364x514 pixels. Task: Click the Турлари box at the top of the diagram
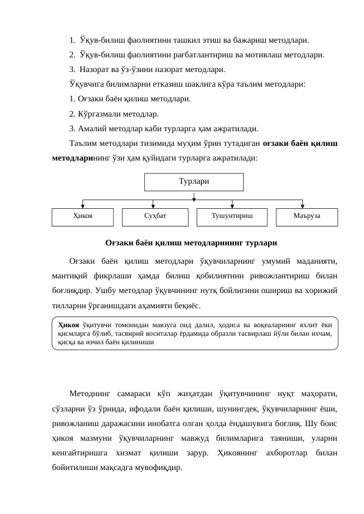click(194, 182)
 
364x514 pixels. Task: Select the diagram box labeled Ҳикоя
click(82, 216)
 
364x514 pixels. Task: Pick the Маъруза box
click(306, 216)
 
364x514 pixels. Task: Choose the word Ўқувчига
click(89, 84)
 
